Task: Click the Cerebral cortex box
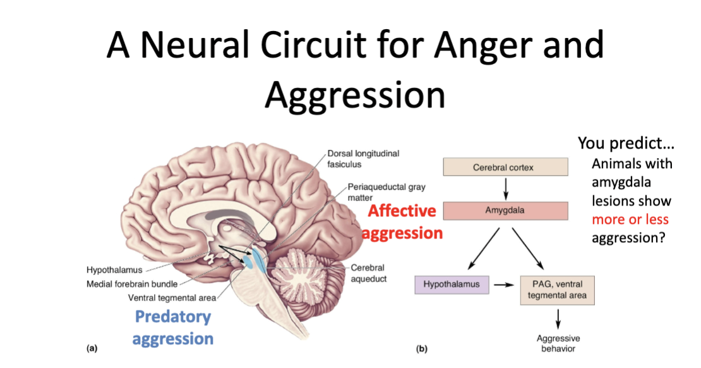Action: click(503, 168)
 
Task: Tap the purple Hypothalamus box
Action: click(452, 285)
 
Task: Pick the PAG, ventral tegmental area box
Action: click(558, 290)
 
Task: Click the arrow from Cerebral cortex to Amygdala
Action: click(505, 188)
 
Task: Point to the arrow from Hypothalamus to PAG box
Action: click(503, 285)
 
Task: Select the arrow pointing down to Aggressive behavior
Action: click(558, 318)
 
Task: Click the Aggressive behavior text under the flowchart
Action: click(558, 343)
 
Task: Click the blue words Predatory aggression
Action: click(173, 328)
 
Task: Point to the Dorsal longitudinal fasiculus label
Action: click(363, 158)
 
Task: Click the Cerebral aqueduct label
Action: click(368, 273)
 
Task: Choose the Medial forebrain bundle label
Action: click(131, 284)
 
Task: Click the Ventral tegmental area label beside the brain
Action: click(172, 297)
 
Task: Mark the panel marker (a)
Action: click(92, 348)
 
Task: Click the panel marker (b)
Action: click(421, 348)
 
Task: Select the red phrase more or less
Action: click(630, 219)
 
